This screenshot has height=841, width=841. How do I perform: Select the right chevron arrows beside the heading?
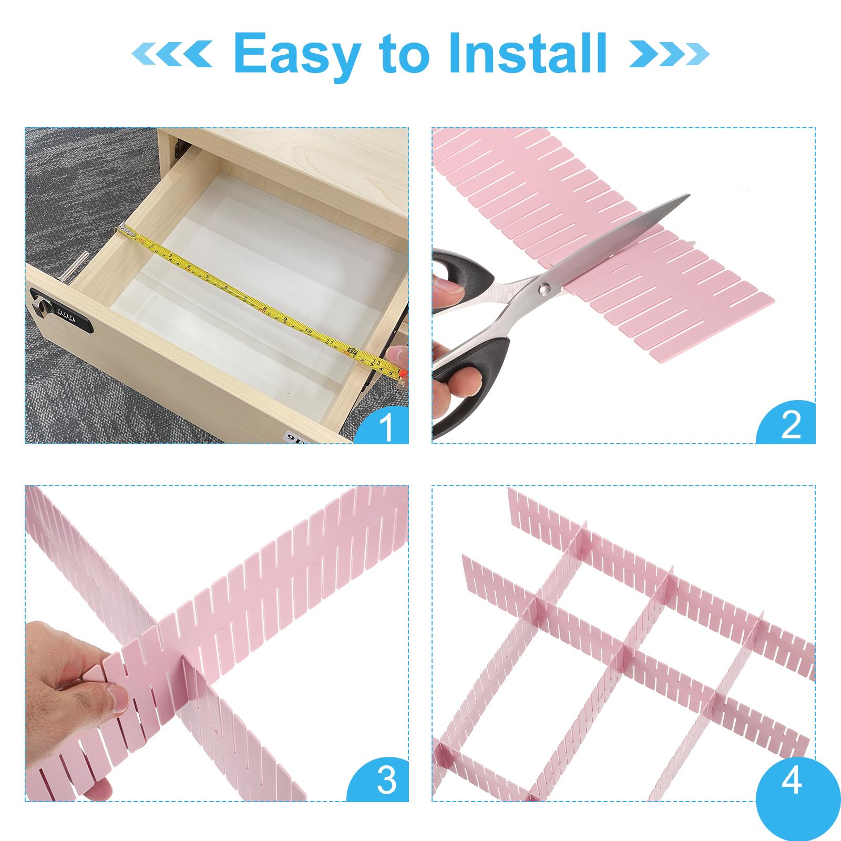669,53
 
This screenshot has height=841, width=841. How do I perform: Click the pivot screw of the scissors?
545,288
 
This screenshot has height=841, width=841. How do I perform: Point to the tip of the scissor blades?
688,196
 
